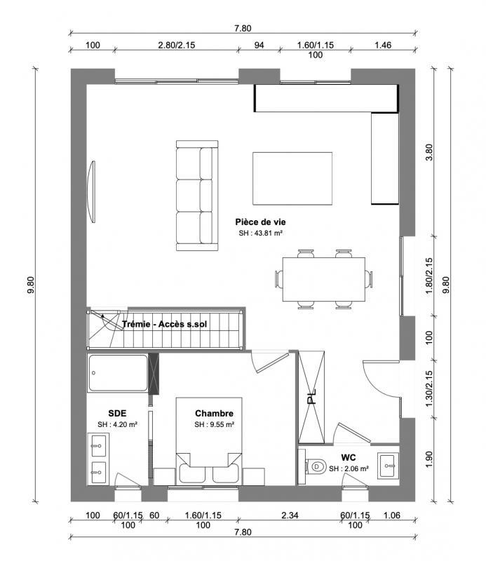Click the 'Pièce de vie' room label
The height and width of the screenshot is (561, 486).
click(260, 222)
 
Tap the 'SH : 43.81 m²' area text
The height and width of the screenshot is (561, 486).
click(260, 233)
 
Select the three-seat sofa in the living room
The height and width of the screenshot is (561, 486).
click(196, 196)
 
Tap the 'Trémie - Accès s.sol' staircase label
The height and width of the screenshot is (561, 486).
click(163, 325)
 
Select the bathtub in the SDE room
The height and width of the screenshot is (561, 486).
click(118, 373)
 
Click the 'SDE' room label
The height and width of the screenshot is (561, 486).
click(116, 413)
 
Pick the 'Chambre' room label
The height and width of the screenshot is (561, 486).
click(214, 414)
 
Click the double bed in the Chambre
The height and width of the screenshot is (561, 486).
click(209, 449)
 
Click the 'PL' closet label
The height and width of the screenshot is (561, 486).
click(312, 399)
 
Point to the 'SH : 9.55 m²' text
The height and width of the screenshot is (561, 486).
click(214, 425)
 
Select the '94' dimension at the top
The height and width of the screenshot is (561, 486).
click(258, 46)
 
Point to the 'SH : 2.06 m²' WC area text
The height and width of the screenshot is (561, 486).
click(349, 468)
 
